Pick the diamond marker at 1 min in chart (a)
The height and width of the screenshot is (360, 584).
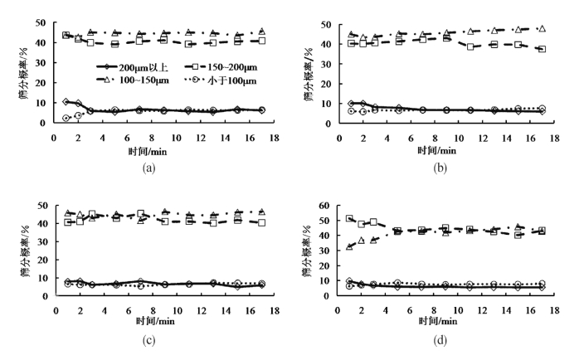point(66,102)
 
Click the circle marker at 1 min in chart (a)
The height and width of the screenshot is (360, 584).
point(66,119)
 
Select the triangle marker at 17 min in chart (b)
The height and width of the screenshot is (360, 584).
point(543,29)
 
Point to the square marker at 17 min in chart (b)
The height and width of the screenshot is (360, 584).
point(543,49)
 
